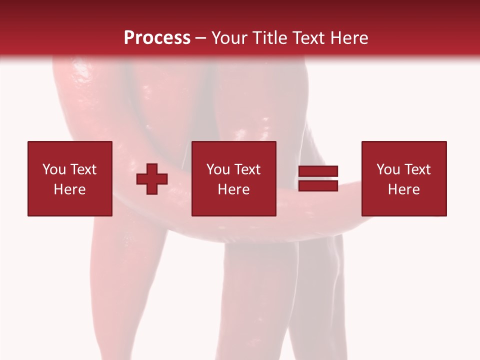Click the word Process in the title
point(157,38)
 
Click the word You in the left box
point(54,169)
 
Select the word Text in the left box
point(82,169)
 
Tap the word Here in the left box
point(69,189)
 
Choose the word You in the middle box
point(218,169)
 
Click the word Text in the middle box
point(246,169)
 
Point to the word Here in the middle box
point(233,189)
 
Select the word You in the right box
point(388,169)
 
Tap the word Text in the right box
point(416,169)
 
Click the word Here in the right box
point(403,189)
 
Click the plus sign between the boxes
point(152,178)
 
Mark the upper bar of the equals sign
point(318,171)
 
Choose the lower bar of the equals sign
point(318,185)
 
